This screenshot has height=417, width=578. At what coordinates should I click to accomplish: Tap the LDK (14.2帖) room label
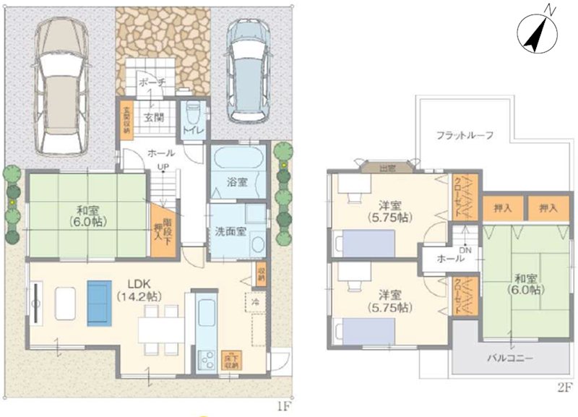tap(138, 290)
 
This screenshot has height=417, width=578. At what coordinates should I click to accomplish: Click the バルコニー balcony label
tap(509, 358)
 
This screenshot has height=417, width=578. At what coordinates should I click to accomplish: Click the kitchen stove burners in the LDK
tap(206, 358)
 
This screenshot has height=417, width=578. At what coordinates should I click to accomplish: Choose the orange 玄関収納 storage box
tap(126, 116)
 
